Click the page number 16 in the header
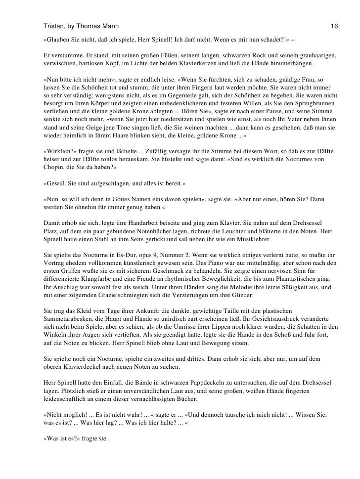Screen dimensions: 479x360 [x=334, y=25]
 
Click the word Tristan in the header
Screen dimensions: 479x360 [x=53, y=25]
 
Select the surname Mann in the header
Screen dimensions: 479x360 [x=108, y=25]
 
